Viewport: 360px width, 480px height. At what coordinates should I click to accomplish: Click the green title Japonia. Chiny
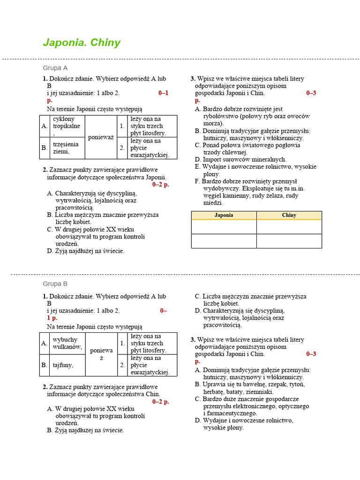[x=82, y=43]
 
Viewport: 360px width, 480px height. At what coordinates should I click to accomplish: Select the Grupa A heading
[x=55, y=67]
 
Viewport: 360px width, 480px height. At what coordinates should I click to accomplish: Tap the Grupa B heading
[x=55, y=284]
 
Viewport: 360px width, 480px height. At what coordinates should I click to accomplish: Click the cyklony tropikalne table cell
[x=67, y=126]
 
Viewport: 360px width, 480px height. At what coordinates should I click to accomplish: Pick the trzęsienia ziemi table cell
[x=67, y=148]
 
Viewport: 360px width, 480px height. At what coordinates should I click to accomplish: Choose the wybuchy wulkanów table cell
[x=67, y=343]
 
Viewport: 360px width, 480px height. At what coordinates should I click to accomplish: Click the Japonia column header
[x=224, y=215]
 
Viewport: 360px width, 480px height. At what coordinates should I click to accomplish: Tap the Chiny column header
[x=289, y=215]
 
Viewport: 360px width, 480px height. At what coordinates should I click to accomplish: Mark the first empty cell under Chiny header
[x=289, y=226]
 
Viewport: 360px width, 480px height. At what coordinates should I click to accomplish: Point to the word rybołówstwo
[x=222, y=116]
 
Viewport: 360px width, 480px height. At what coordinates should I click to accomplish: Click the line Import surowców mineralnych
[x=240, y=159]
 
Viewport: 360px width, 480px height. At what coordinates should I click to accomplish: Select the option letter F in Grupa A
[x=197, y=181]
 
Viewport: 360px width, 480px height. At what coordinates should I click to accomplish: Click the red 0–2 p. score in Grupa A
[x=160, y=185]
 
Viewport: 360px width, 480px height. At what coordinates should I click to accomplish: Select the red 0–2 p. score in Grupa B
[x=160, y=402]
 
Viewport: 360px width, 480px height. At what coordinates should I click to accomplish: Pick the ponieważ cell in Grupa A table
[x=101, y=137]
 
